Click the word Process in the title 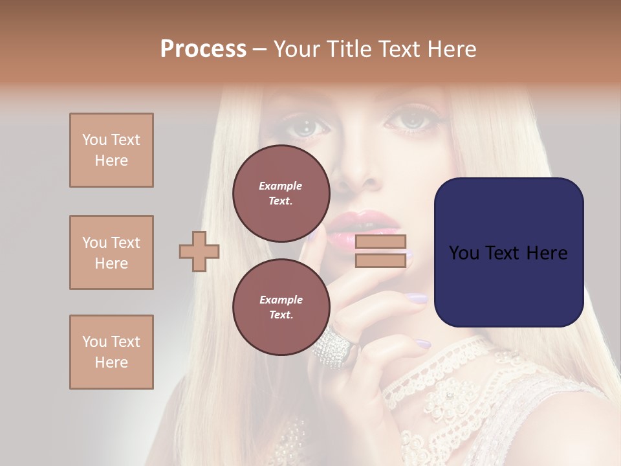(x=203, y=49)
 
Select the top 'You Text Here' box (x=111, y=150)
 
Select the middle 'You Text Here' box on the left (x=111, y=252)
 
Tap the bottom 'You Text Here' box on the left (x=111, y=352)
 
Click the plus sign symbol (x=199, y=251)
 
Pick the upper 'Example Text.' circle (x=281, y=194)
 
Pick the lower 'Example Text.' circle (x=281, y=307)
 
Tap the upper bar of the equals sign (x=380, y=242)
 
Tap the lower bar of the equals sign (x=380, y=260)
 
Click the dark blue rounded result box (x=508, y=252)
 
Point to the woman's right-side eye (x=409, y=120)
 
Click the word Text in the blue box (x=508, y=253)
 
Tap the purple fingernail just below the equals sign (x=417, y=298)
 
